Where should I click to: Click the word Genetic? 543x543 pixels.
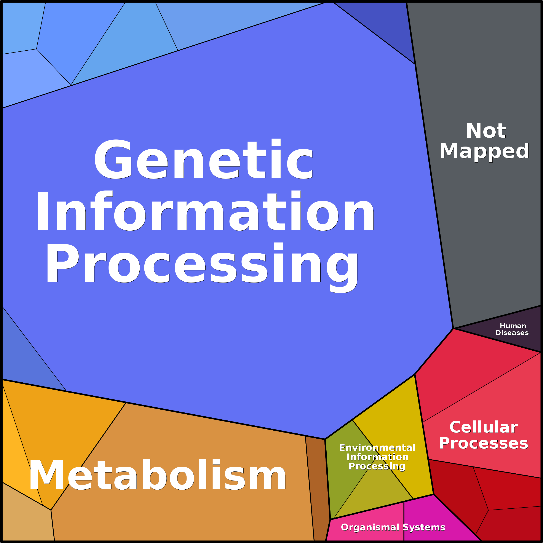pyautogui.click(x=203, y=159)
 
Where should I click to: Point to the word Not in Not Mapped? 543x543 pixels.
pyautogui.click(x=486, y=131)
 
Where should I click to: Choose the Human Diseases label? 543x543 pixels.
pyautogui.click(x=512, y=329)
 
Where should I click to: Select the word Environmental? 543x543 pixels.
pyautogui.click(x=377, y=447)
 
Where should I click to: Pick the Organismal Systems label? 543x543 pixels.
pyautogui.click(x=393, y=527)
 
